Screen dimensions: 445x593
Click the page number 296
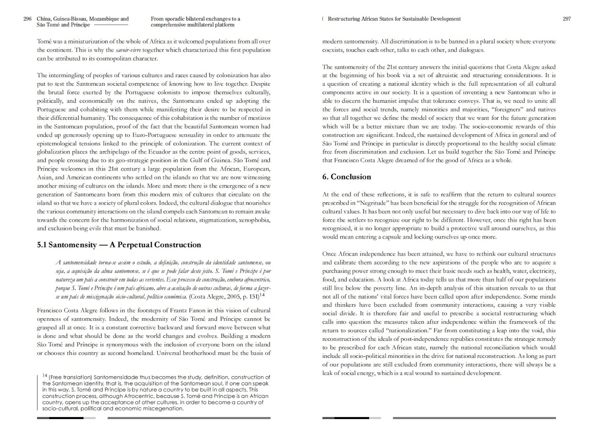[27, 19]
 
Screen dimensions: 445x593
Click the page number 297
[567, 19]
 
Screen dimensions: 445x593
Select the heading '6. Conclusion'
[346, 177]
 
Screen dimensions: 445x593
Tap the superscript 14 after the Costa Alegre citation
[262, 295]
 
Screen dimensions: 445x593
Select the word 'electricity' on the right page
[541, 271]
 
